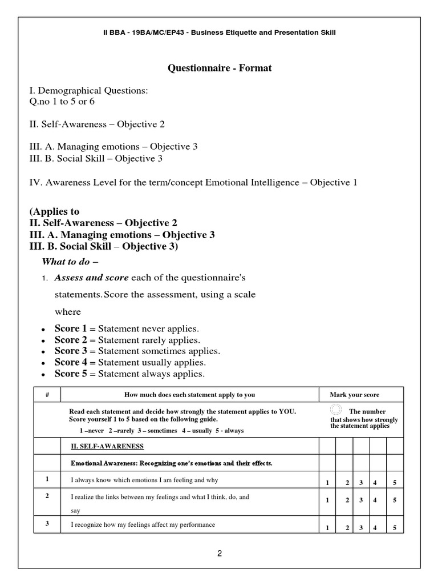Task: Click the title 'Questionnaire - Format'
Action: [x=219, y=68]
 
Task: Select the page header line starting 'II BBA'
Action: [x=218, y=33]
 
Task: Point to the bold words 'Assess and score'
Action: [x=91, y=278]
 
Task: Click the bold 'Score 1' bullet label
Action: [x=67, y=329]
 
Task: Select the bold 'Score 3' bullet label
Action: [x=67, y=351]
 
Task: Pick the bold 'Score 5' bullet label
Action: [x=67, y=374]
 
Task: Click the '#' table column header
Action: [x=47, y=395]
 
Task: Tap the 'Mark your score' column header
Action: [x=354, y=395]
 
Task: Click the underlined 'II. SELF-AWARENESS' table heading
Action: [x=107, y=446]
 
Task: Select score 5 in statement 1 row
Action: [x=394, y=483]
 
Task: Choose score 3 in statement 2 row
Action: [x=361, y=500]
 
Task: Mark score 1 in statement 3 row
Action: [x=327, y=528]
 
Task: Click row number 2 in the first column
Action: [x=47, y=496]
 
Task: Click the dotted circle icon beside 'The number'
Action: [x=336, y=410]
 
